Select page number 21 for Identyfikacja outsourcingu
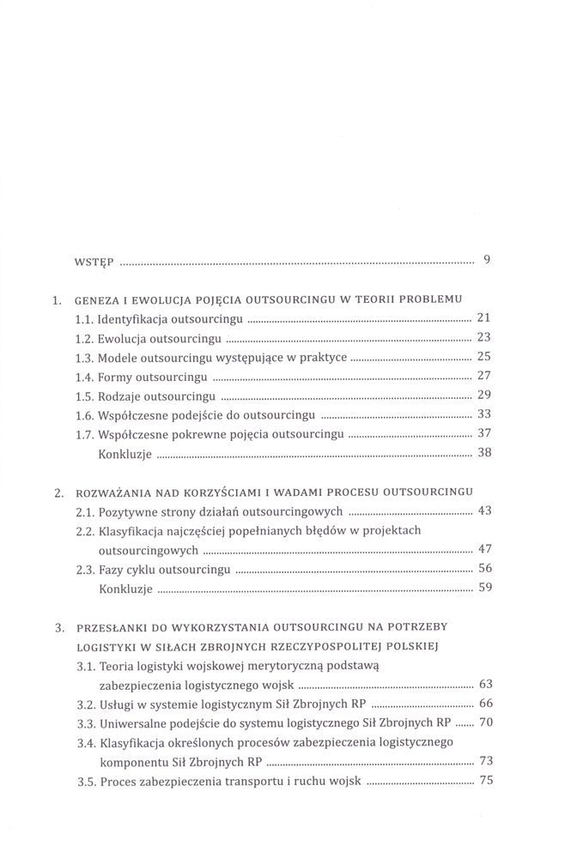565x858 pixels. coord(483,317)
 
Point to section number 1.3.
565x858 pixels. coord(85,356)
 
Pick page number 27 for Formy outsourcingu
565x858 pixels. coord(483,375)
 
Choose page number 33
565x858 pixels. coord(483,414)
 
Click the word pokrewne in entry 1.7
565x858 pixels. coord(210,433)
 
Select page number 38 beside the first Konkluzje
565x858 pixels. coord(483,452)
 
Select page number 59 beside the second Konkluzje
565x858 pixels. coord(483,588)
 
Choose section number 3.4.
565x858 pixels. coord(85,741)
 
